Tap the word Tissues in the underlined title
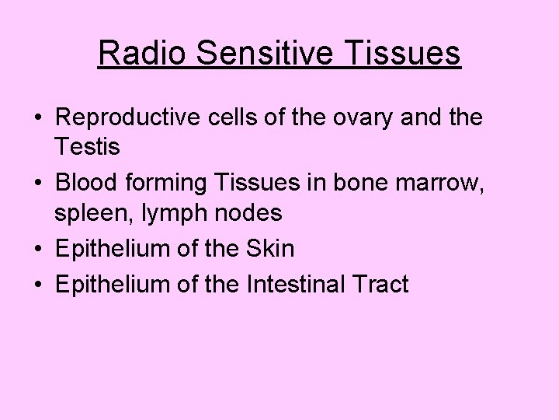412,54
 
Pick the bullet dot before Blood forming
37,184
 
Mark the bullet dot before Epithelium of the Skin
37,249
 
